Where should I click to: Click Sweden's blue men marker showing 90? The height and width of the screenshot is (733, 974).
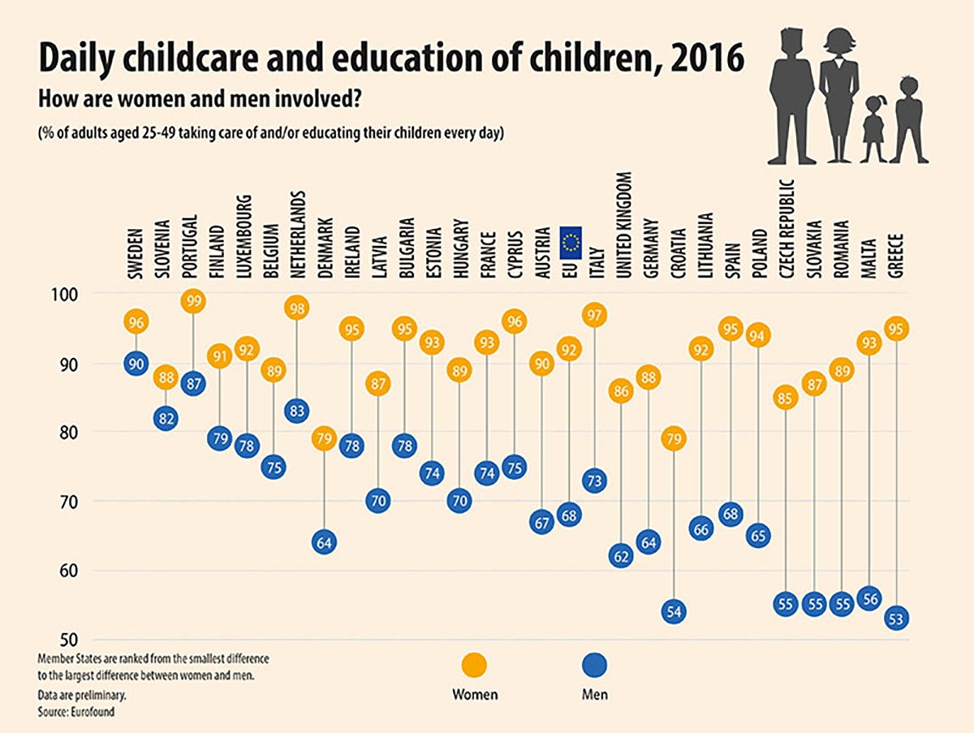point(136,364)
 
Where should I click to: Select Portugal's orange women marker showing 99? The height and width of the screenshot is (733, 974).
point(193,301)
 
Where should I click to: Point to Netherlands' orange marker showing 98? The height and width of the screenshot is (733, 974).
point(296,308)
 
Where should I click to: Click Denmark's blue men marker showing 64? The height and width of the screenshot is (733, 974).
point(324,542)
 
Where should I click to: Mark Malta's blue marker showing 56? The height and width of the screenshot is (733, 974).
point(868,599)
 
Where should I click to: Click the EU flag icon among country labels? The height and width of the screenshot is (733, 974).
point(570,242)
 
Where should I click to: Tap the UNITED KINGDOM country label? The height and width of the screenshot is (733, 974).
point(623,226)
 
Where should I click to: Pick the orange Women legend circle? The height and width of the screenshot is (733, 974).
point(474,666)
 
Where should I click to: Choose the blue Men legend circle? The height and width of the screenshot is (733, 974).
point(595,666)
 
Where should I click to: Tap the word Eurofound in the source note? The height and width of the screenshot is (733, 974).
point(91,712)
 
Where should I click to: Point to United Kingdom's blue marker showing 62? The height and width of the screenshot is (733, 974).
point(621,557)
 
